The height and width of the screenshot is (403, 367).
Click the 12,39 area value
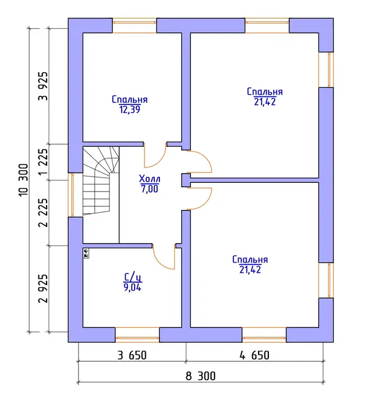point(130,109)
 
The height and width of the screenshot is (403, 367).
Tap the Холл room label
point(150,178)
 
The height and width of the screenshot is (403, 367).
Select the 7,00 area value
point(150,189)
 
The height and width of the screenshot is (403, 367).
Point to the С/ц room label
point(132,277)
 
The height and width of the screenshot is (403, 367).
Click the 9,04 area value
point(132,287)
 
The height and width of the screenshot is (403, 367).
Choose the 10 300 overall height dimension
point(24,179)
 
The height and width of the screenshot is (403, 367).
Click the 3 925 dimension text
point(43,86)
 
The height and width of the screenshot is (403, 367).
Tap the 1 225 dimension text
point(43,162)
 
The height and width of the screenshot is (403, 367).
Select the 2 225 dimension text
point(43,213)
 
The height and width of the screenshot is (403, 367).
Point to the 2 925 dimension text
point(43,288)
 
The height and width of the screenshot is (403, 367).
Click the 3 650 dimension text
point(132,355)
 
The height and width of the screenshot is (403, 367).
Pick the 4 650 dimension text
point(255,355)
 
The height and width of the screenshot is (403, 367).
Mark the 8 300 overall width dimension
point(201,376)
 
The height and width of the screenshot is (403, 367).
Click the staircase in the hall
point(101,181)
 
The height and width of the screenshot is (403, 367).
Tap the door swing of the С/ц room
point(163,257)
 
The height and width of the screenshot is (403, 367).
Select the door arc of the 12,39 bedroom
point(155,156)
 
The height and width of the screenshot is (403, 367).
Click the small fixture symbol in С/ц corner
point(86,253)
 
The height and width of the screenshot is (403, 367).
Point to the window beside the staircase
point(72,195)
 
